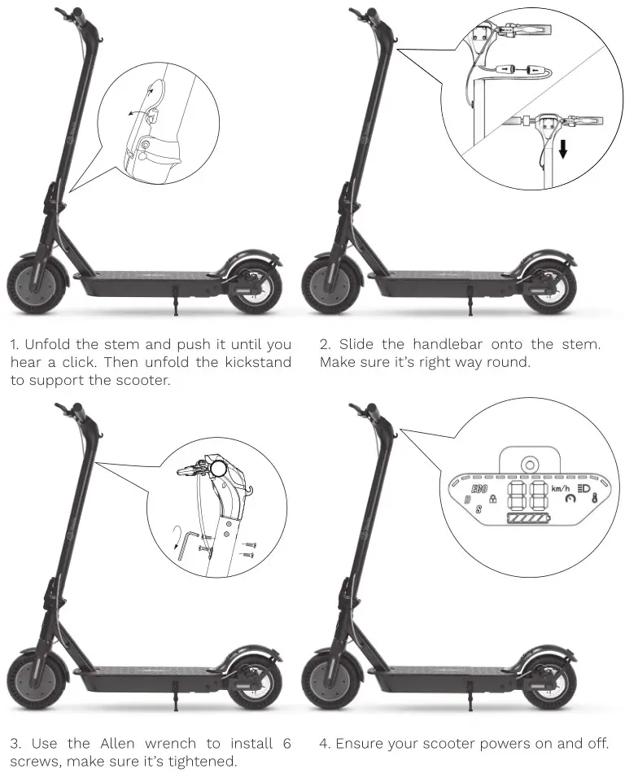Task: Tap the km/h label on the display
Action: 561,488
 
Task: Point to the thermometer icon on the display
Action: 595,497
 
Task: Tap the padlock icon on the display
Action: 492,499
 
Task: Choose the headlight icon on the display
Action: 583,487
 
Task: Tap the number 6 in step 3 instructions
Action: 286,743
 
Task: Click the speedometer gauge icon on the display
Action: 566,499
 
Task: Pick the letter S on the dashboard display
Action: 479,509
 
